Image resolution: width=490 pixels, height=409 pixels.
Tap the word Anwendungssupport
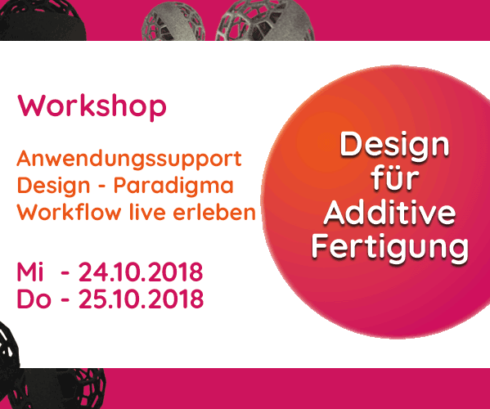129,160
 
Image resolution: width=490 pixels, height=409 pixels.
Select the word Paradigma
173,187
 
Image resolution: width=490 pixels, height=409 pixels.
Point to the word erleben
214,212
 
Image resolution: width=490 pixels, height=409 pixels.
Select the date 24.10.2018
141,272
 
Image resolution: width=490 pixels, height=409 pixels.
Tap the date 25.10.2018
141,299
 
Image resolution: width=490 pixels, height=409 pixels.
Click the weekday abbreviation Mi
30,272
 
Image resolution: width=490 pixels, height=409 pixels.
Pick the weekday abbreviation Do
34,299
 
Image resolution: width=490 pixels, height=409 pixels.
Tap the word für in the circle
395,178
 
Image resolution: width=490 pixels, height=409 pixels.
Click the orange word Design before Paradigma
53,187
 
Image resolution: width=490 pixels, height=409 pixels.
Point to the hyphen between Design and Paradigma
101,187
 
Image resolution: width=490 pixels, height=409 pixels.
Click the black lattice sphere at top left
42,20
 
